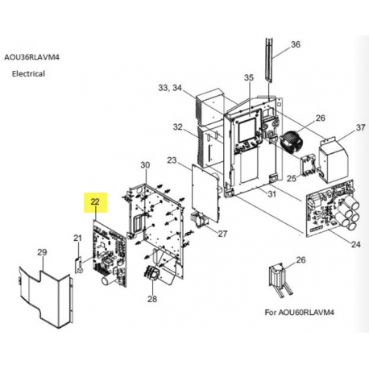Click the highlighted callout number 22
pos(95,202)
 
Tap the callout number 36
pos(296,44)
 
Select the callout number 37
pos(360,127)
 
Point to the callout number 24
pos(356,244)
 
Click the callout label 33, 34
pos(170,88)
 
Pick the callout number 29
pos(42,252)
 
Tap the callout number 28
pos(152,299)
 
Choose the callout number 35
pos(249,77)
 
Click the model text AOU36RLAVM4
pos(31,57)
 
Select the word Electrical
pos(28,73)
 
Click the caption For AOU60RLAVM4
pos(300,313)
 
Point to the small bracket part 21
pos(78,264)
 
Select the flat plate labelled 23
pos(205,193)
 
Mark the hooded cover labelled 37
pos(334,159)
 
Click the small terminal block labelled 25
pos(308,165)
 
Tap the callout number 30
pos(145,165)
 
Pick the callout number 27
pos(222,234)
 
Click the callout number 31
pos(272,193)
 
